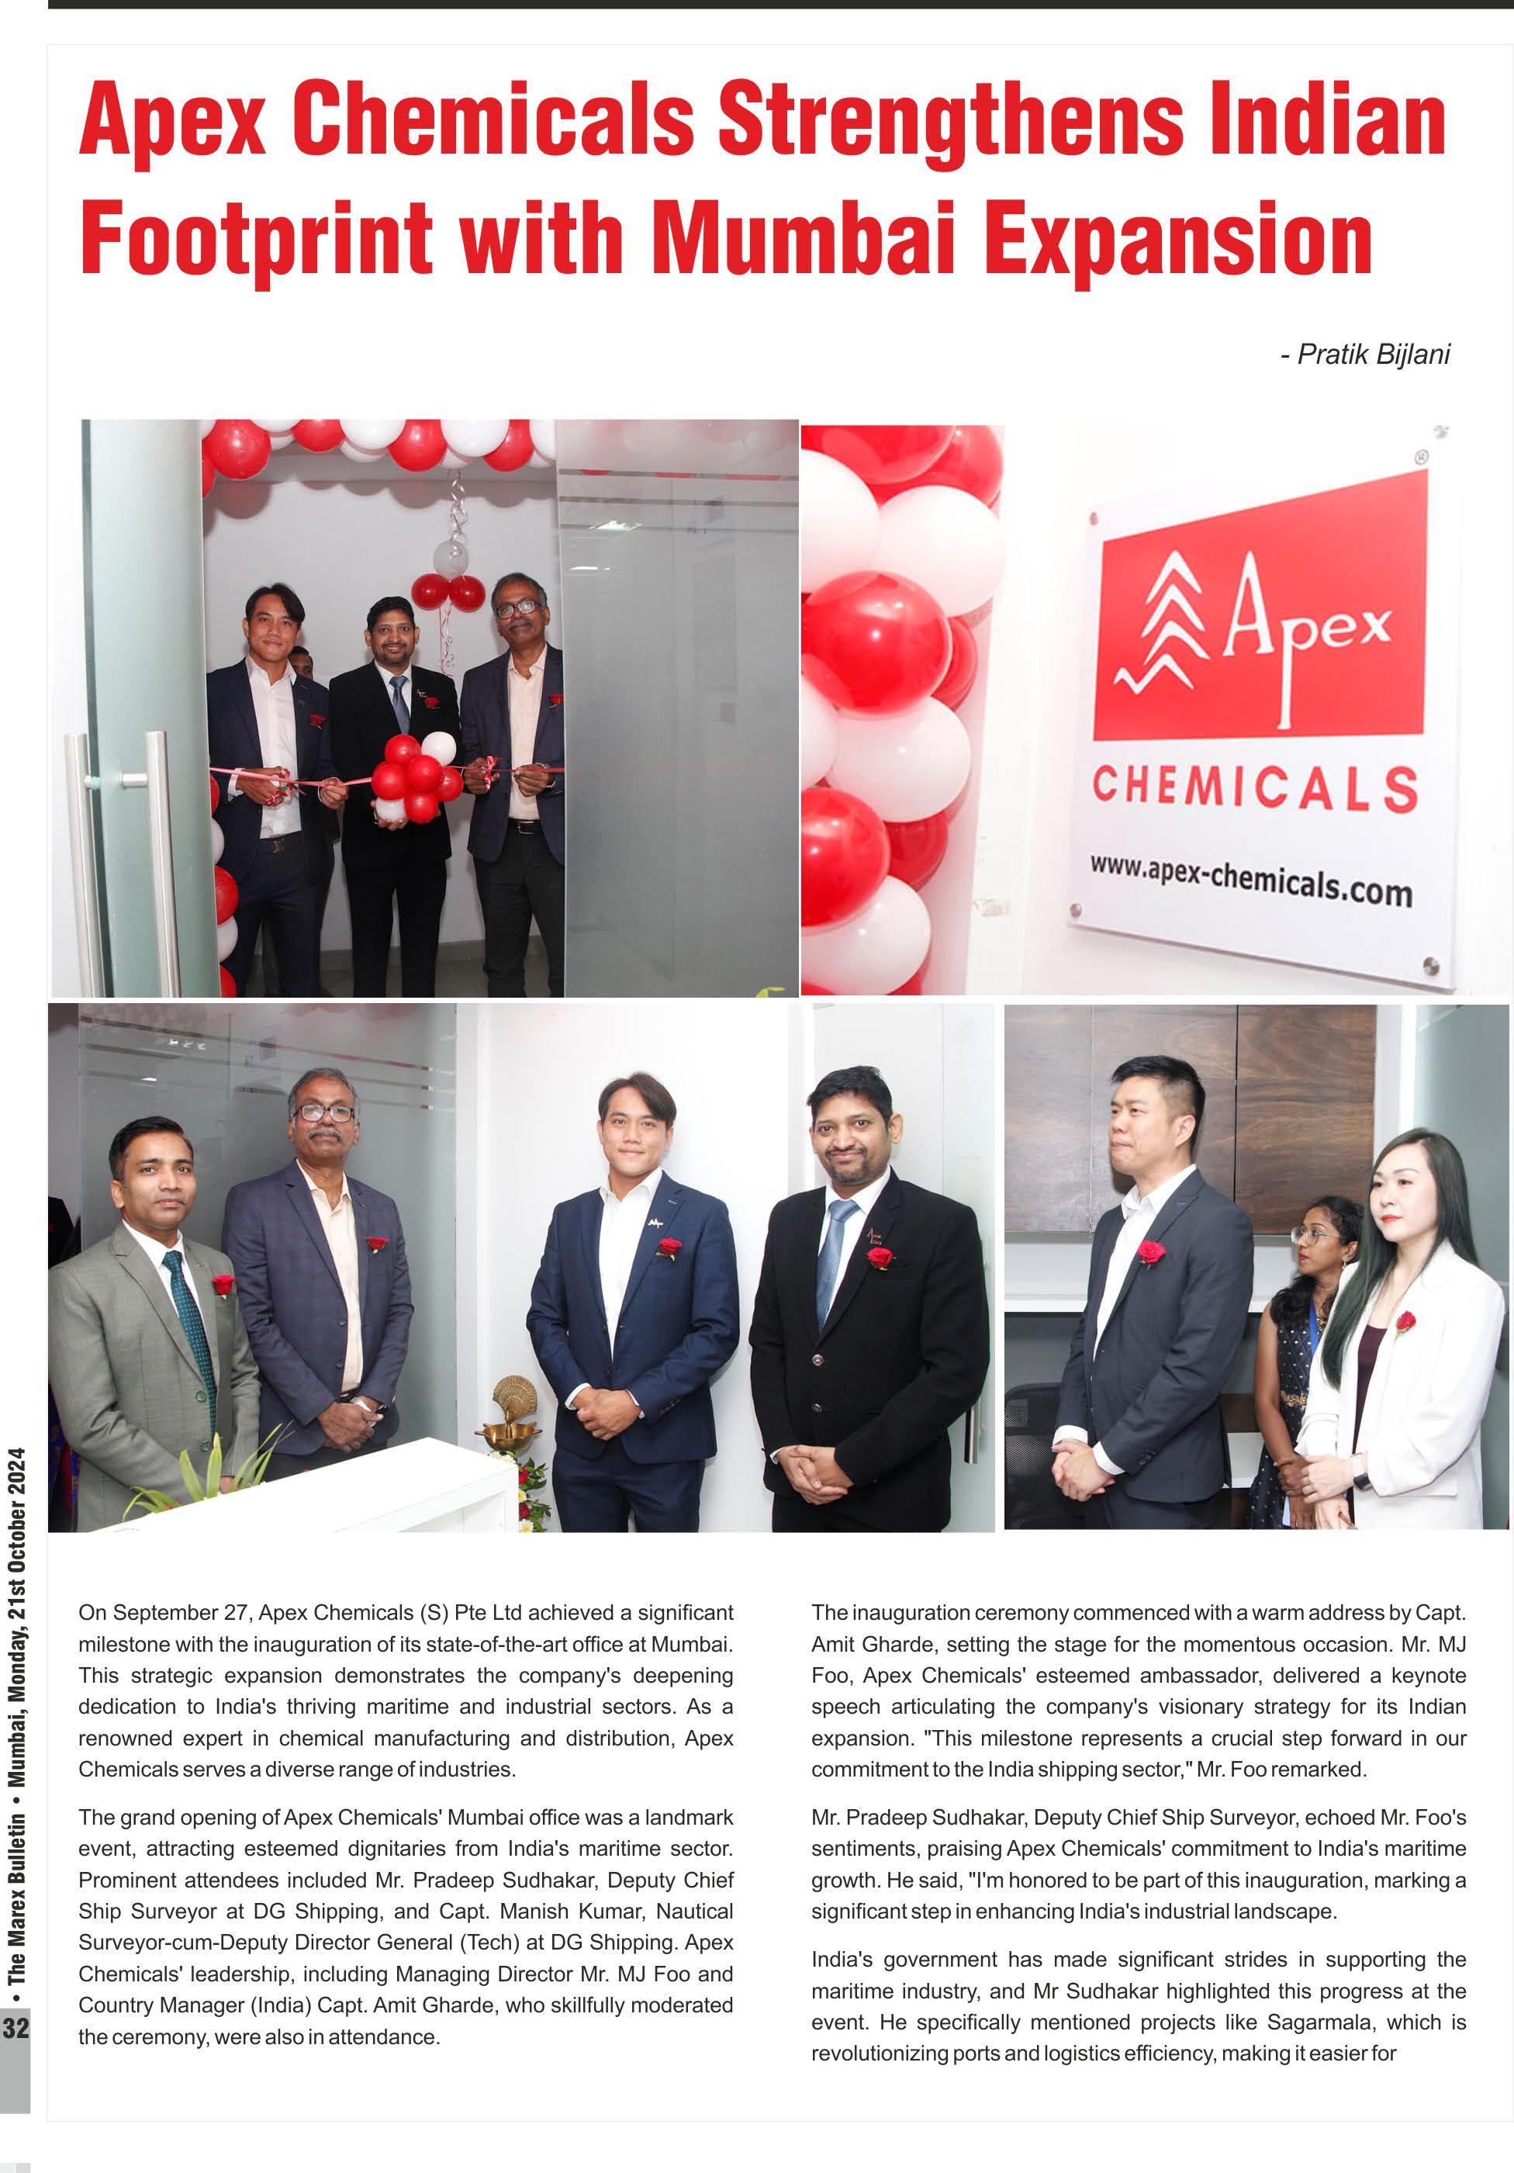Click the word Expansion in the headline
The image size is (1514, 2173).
tap(1177, 237)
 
